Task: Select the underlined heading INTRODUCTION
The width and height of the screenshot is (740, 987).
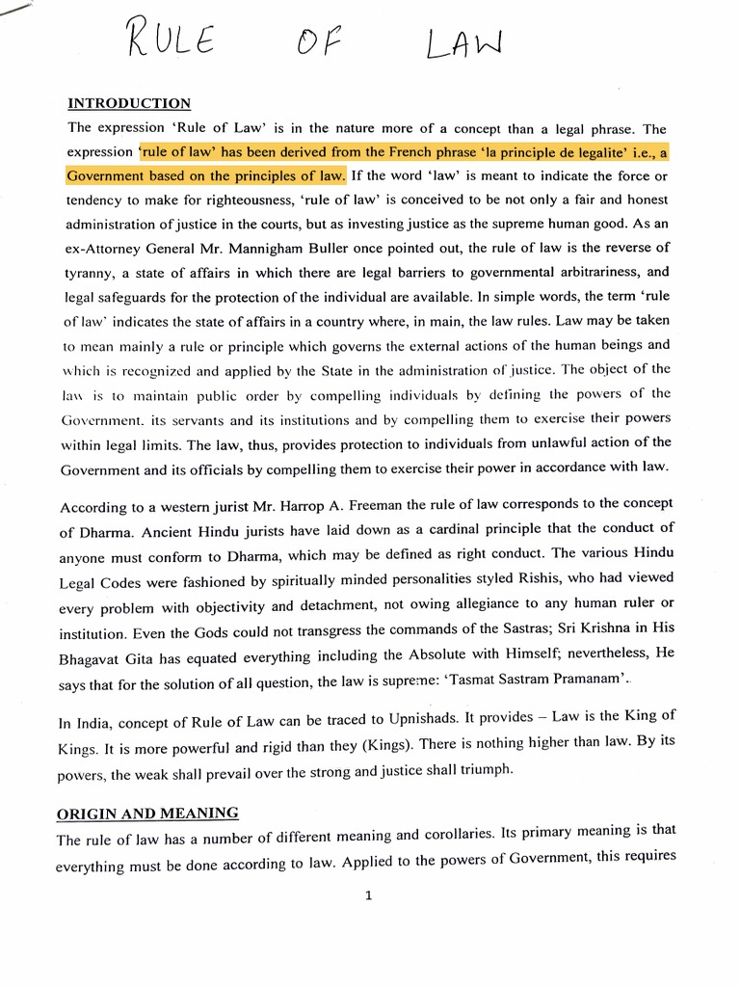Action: (x=128, y=103)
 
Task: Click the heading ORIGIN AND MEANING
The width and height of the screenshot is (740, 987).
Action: (x=148, y=813)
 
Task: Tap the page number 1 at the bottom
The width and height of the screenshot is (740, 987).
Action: (x=368, y=895)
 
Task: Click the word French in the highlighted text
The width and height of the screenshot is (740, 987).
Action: (x=436, y=151)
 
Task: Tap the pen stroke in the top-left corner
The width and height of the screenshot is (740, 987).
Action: (x=16, y=7)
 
